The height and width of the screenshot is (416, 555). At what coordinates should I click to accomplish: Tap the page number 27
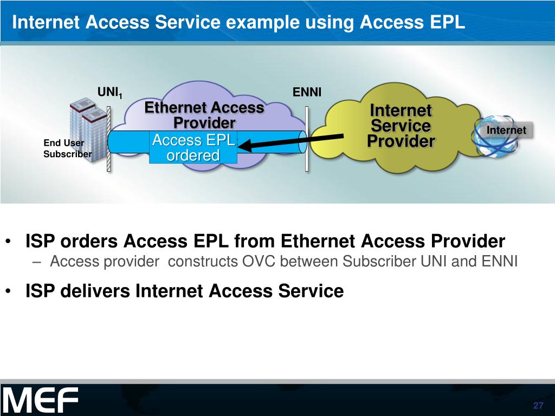pos(538,407)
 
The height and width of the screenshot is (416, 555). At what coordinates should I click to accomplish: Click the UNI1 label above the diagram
pos(110,93)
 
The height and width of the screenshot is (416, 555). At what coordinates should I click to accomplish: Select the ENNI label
pos(307,93)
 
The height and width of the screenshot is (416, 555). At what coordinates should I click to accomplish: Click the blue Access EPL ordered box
pos(193,147)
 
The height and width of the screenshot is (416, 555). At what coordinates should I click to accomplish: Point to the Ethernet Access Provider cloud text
pos(204,115)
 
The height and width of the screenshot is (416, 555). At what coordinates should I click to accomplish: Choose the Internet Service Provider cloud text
pos(401,126)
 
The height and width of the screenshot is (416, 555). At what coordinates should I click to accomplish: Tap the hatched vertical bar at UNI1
pos(109,138)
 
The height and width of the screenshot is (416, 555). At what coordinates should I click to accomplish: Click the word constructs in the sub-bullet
pos(202,262)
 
